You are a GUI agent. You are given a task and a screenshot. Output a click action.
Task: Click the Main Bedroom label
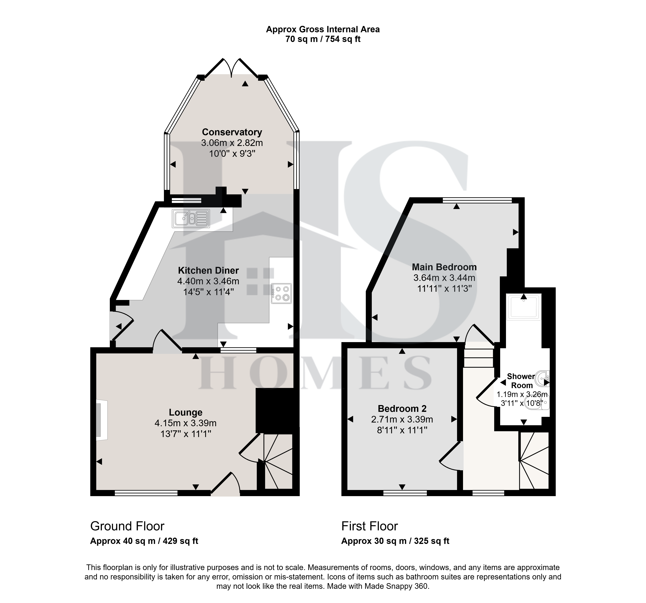click(x=444, y=267)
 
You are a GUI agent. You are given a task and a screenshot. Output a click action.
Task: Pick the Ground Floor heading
click(x=127, y=526)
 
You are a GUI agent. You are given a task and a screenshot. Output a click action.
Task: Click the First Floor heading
click(x=370, y=526)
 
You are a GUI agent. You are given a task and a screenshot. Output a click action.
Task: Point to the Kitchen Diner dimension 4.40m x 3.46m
click(x=208, y=281)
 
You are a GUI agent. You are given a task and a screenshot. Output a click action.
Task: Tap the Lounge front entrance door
click(x=225, y=484)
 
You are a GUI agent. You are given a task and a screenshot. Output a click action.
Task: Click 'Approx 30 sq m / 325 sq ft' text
click(x=395, y=541)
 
